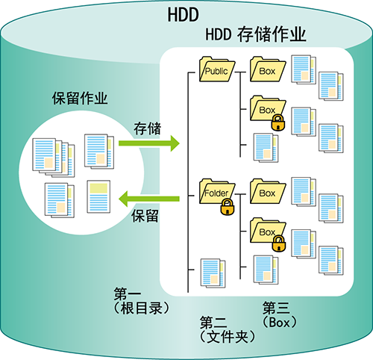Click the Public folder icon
point(217,69)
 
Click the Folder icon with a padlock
point(217,193)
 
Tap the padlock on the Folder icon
point(228,207)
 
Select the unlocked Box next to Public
point(268,69)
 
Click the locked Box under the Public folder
point(268,110)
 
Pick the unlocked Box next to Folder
point(268,191)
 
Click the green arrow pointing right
point(149,143)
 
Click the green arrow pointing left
point(149,199)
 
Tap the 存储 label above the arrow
point(147,128)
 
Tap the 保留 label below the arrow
point(145,216)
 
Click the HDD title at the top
point(184,15)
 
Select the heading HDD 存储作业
point(256,34)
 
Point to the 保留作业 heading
point(80,98)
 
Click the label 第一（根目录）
point(141,301)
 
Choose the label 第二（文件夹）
point(228,330)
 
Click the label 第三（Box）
point(280,315)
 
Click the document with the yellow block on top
point(98,196)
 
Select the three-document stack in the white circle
point(54,158)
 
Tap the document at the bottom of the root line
point(213,273)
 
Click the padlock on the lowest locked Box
point(278,243)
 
